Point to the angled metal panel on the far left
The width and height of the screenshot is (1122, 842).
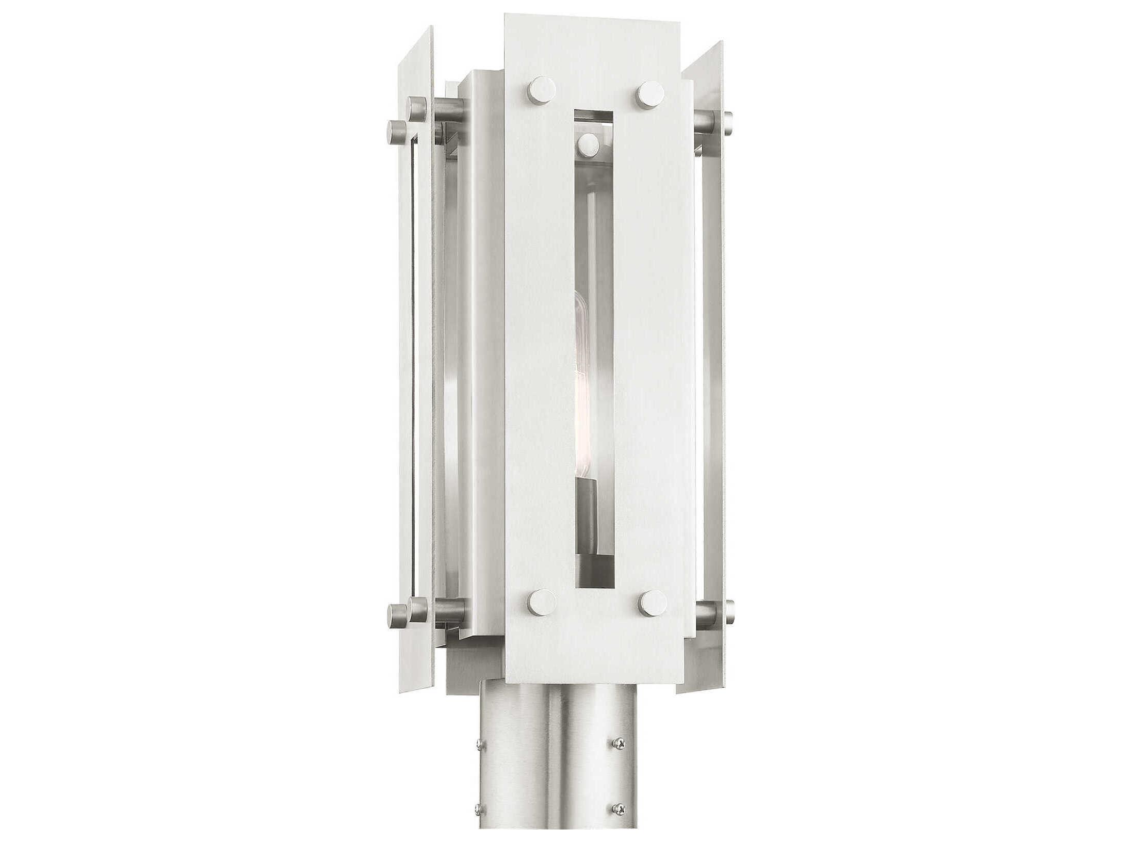point(413,361)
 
